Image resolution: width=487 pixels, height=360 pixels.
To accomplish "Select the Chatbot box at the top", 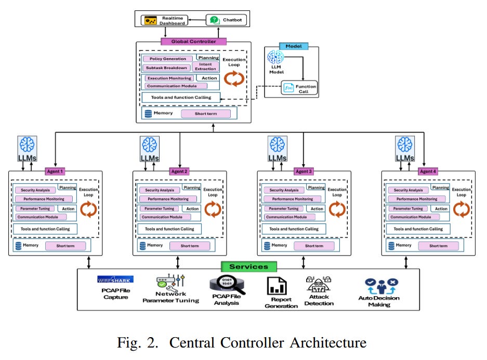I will pyautogui.click(x=226, y=20).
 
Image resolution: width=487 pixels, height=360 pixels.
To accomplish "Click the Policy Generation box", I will pyautogui.click(x=164, y=59).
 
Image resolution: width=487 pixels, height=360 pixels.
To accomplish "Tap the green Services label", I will pyautogui.click(x=248, y=266).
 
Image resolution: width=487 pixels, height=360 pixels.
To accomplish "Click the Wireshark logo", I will pyautogui.click(x=115, y=279).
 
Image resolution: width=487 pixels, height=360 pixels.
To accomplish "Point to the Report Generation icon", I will pyautogui.click(x=277, y=286).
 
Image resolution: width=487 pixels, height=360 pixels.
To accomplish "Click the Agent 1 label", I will pyautogui.click(x=55, y=171).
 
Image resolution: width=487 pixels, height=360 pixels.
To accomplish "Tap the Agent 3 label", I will pyautogui.click(x=304, y=171).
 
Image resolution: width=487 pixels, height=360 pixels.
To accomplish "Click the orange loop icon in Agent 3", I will pyautogui.click(x=337, y=209).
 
